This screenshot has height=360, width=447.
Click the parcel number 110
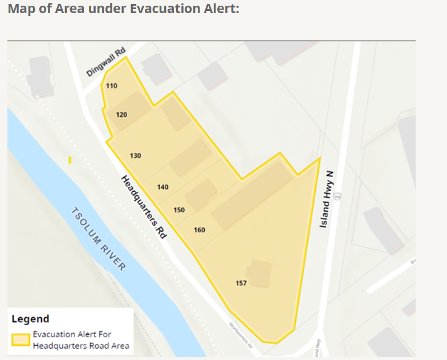point(111,86)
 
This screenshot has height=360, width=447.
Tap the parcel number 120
point(121,115)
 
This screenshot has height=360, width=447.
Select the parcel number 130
point(135,156)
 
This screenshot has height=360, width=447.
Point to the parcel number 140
point(162,187)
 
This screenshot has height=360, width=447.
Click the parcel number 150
point(179,210)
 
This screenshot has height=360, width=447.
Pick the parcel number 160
point(199,230)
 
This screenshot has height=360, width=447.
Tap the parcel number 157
point(241,283)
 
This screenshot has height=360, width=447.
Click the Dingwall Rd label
point(105,63)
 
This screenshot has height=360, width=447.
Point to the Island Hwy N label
point(326,199)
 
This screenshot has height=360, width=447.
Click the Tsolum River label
point(99,238)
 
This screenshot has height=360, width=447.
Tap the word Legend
point(30,319)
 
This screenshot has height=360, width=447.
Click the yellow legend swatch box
point(21,340)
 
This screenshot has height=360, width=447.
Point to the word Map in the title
point(21,10)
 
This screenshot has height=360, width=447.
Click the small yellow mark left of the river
point(70,160)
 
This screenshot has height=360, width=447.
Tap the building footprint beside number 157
point(260,274)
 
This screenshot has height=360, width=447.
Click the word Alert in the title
point(218,10)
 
